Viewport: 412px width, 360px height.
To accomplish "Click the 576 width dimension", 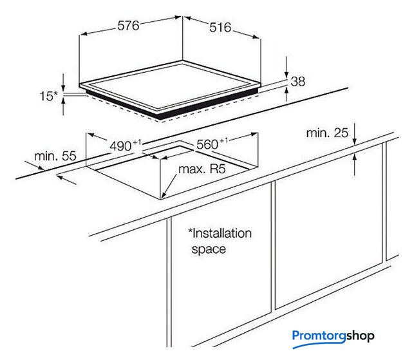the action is [128, 26].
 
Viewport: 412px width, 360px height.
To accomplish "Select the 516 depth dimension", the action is [220, 28].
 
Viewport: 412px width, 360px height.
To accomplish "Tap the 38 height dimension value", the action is [298, 81].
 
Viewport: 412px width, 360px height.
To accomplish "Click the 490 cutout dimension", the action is [126, 146].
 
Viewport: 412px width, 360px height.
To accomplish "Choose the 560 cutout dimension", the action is [212, 144].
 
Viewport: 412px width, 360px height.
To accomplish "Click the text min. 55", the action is [55, 156].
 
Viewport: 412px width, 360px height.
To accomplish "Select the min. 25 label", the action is [327, 133].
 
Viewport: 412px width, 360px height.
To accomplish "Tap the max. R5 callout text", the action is [202, 169].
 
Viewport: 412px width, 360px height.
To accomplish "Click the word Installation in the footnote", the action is [220, 233].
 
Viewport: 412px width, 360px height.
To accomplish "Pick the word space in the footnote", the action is [209, 249].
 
